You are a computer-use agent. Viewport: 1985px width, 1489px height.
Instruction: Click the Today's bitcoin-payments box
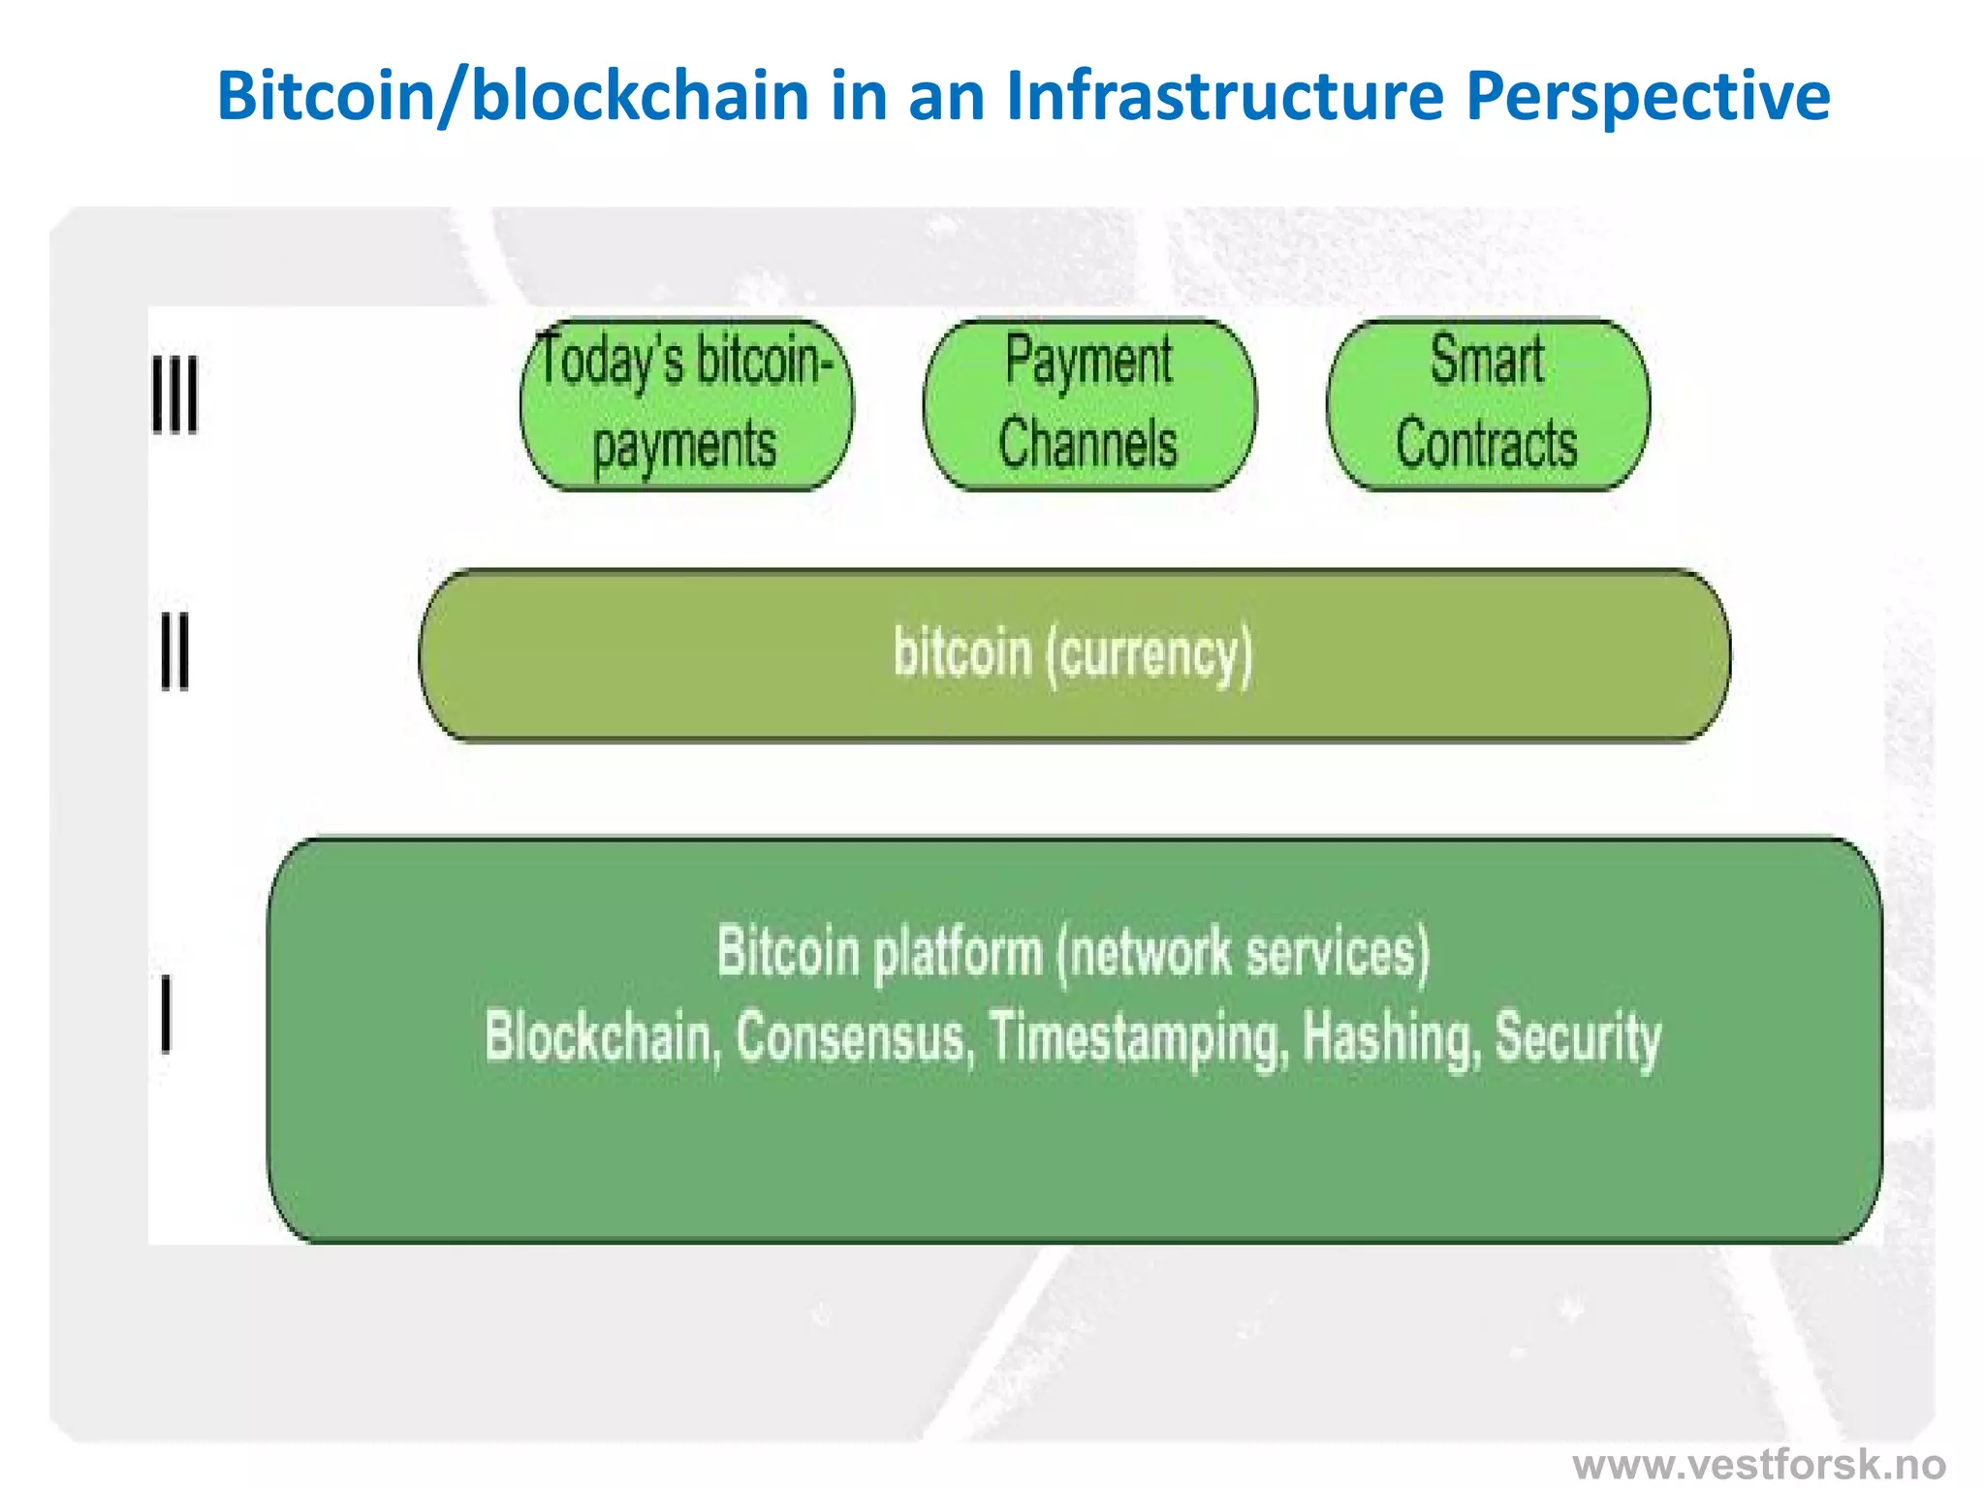(x=686, y=404)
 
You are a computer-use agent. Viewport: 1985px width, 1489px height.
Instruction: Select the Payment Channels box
(x=1089, y=404)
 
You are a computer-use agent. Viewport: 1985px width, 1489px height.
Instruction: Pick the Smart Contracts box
(x=1488, y=404)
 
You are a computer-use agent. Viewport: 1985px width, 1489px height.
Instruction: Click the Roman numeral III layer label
(x=175, y=395)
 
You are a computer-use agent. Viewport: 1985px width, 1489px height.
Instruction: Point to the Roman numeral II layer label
(x=174, y=651)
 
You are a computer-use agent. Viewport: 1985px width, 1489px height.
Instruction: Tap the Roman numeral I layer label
(x=167, y=1014)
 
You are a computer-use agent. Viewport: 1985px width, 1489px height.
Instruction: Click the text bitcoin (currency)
(x=1073, y=653)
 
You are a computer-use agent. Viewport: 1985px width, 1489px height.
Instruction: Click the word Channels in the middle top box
(x=1087, y=444)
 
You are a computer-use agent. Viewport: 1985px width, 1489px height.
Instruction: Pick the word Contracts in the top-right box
(x=1486, y=444)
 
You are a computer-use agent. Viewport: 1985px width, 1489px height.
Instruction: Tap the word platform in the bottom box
(x=957, y=954)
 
